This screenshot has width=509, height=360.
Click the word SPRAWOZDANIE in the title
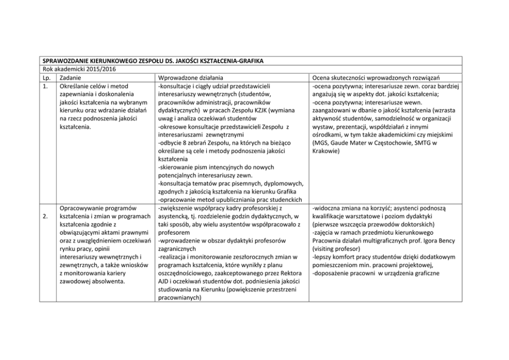(x=64, y=61)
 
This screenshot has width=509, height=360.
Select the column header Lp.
(x=46, y=77)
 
